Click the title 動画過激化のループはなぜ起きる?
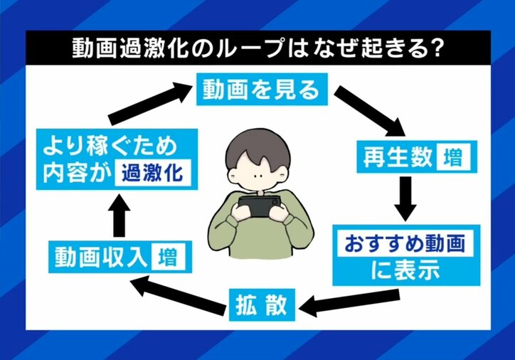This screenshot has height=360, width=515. [x=257, y=48]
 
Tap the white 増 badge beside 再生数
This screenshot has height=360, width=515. [x=455, y=157]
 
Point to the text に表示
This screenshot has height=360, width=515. [x=403, y=270]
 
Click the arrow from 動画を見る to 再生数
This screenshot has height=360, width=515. [x=369, y=111]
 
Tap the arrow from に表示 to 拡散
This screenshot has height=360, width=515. [x=337, y=303]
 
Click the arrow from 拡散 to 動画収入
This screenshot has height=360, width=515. [x=179, y=292]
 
